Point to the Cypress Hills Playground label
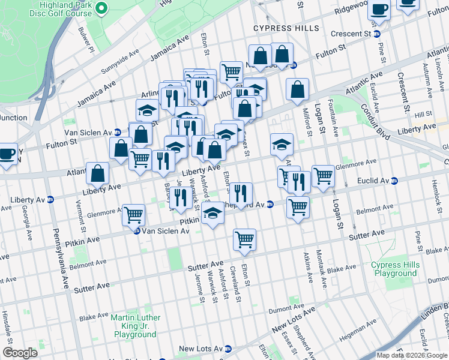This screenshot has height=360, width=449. pyautogui.click(x=394, y=269)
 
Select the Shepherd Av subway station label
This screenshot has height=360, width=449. pyautogui.click(x=246, y=204)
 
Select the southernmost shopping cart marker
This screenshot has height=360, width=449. pyautogui.click(x=244, y=239)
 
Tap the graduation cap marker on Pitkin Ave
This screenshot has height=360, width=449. pyautogui.click(x=212, y=213)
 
